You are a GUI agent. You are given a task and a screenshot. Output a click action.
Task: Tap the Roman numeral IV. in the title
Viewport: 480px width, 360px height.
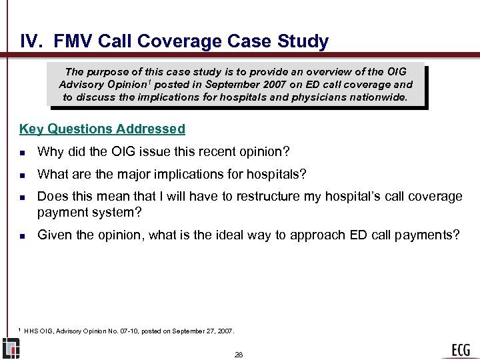coord(33,41)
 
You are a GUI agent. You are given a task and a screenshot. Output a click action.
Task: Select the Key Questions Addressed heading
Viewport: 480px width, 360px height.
coord(103,129)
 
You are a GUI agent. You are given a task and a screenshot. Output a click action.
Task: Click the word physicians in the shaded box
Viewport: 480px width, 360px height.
coord(314,97)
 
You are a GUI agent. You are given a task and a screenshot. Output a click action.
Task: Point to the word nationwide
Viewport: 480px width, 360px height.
coord(379,97)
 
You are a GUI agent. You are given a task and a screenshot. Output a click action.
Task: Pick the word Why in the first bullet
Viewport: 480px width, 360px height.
coord(49,152)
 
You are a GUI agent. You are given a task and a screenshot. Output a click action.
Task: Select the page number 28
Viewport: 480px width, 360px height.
coord(239,355)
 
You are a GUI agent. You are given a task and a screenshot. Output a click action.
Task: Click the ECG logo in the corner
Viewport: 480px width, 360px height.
coord(460,349)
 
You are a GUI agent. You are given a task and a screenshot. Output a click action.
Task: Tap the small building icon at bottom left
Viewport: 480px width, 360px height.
coord(11,349)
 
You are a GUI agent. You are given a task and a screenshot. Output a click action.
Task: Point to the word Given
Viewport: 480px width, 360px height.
coord(54,235)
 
